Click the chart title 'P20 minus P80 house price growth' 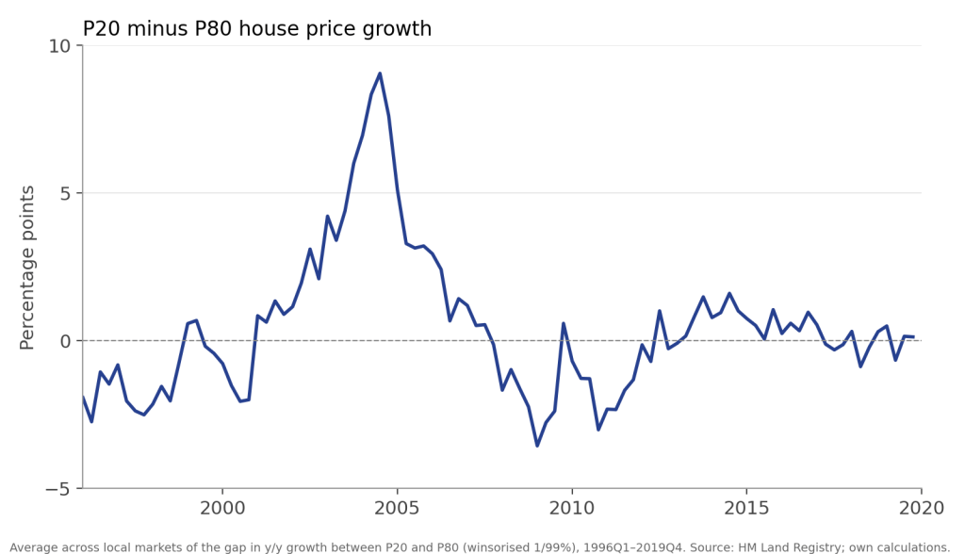click(257, 29)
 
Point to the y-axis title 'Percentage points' click(27, 268)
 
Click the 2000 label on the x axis click(222, 508)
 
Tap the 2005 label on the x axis click(397, 508)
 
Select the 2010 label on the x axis click(572, 508)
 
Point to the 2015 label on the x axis click(746, 508)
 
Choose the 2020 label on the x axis click(922, 508)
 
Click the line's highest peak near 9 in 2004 click(380, 73)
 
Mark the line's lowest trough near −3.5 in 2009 click(537, 446)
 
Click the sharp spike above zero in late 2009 click(564, 323)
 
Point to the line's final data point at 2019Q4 click(913, 336)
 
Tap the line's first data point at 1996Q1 click(83, 396)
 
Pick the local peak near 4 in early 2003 click(327, 216)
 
